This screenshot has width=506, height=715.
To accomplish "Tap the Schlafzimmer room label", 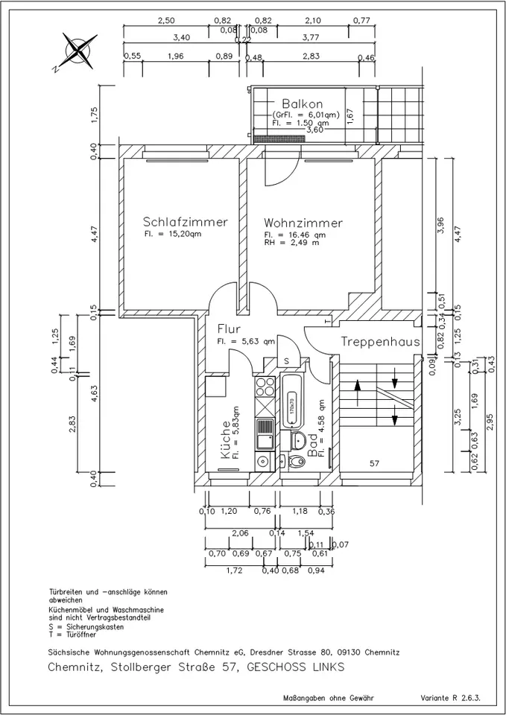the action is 186,222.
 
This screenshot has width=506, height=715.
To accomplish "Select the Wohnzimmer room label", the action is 303,223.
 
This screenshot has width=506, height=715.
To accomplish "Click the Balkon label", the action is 302,104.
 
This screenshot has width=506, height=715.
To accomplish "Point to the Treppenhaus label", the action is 379,342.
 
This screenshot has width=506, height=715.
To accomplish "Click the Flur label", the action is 229,328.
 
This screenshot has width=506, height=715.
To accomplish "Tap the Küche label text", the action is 225,439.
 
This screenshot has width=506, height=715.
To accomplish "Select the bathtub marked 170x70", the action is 291,401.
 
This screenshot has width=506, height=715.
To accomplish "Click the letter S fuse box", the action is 287,361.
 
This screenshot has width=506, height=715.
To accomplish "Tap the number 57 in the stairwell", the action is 374,463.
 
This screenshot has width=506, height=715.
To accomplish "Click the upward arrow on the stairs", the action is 357,393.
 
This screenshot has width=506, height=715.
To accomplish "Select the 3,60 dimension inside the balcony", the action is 314,130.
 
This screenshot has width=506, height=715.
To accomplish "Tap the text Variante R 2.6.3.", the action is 451,698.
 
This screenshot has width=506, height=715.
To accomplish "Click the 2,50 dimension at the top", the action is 166,21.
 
